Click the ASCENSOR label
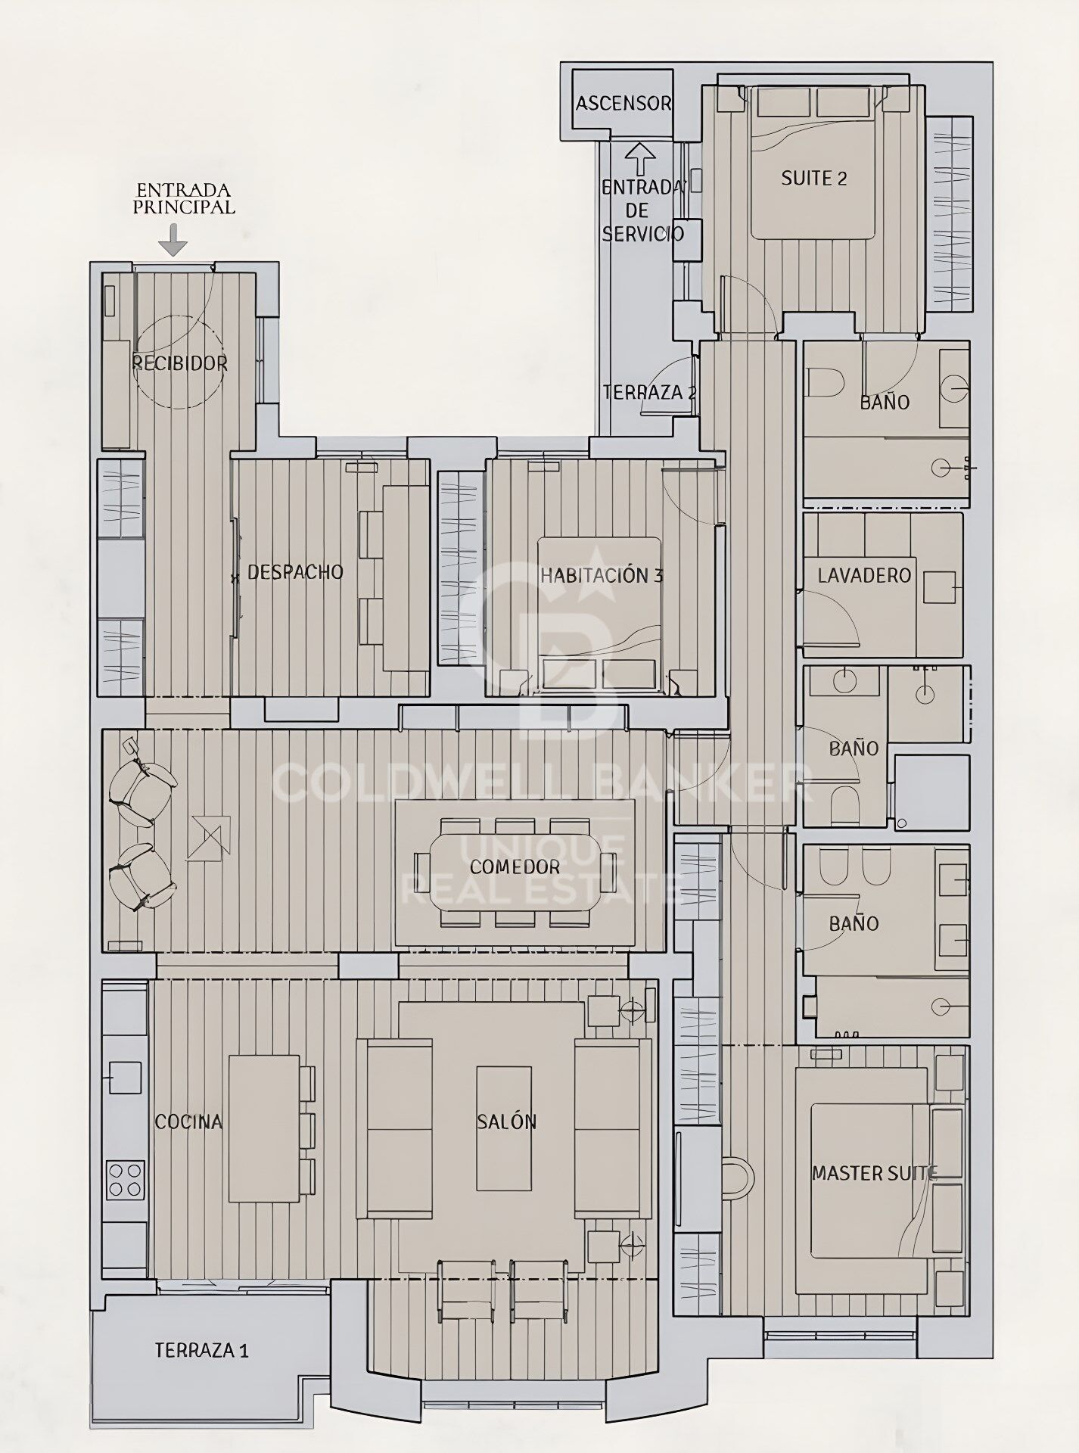coord(623,104)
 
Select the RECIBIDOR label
coord(180,363)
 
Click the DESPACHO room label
coord(295,572)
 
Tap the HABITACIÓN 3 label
coord(602,575)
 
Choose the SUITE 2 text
coord(814,179)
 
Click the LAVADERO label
coord(864,575)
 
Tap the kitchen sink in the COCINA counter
coord(126,1077)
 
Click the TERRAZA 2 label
coord(649,393)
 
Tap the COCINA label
coord(188,1122)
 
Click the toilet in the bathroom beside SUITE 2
coord(825,382)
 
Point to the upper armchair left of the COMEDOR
coord(142,783)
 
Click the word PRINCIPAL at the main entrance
coord(184,207)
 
